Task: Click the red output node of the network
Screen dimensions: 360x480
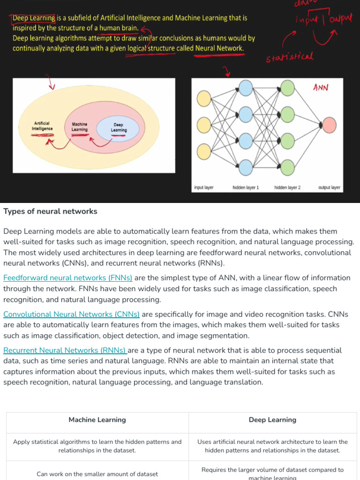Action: click(330, 125)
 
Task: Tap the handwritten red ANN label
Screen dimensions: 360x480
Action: click(321, 88)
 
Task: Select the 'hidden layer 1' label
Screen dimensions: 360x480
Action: click(246, 187)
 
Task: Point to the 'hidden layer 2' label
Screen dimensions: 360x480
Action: click(287, 187)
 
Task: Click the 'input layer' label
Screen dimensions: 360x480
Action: click(204, 187)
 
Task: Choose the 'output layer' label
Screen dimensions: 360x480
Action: click(329, 187)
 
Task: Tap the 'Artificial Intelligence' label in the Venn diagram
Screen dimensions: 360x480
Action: click(42, 126)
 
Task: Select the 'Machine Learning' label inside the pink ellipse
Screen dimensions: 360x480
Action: click(80, 127)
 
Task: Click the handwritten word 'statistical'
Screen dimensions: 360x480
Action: click(289, 58)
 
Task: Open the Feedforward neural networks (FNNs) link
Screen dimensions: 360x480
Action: click(68, 278)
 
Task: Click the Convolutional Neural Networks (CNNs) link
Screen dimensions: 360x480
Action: click(71, 314)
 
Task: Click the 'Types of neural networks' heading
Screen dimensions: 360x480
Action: click(50, 211)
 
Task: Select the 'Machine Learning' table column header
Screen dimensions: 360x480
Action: click(97, 420)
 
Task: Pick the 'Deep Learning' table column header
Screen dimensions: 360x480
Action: click(272, 420)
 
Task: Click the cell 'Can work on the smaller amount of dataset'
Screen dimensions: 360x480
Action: click(97, 474)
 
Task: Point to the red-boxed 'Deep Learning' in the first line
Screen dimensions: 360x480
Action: click(34, 18)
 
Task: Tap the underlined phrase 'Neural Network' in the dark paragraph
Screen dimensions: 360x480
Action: click(219, 48)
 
